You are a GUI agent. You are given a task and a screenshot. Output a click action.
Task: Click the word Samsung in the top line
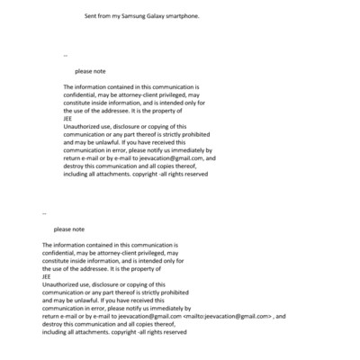(x=129, y=16)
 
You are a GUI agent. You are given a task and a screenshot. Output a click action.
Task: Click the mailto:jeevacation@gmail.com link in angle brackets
(x=226, y=317)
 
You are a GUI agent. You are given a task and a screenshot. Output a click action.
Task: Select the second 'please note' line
(x=68, y=229)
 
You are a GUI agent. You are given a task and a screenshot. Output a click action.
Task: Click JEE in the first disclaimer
(x=67, y=118)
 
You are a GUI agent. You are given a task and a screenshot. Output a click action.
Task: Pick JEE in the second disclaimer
(x=47, y=276)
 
